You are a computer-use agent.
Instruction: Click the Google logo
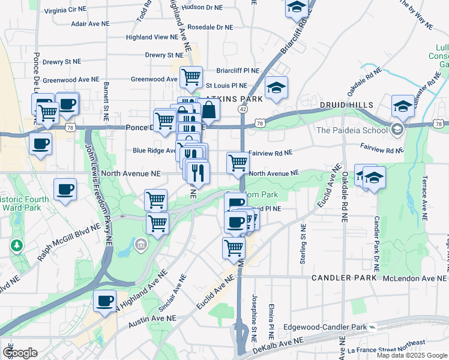[x=20, y=352]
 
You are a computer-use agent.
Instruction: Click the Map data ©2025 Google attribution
[x=412, y=355]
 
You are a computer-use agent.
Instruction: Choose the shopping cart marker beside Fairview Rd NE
[x=238, y=163]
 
